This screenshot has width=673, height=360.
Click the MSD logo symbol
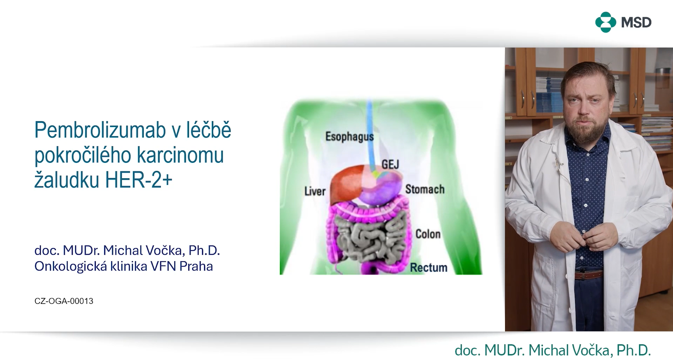605,22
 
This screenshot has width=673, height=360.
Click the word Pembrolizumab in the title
100,130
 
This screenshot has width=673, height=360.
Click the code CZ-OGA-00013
64,301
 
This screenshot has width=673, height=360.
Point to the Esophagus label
349,136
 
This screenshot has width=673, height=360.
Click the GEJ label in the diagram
390,164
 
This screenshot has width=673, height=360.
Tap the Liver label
315,191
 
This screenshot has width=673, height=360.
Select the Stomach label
425,189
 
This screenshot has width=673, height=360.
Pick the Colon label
428,234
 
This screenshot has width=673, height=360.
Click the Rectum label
429,267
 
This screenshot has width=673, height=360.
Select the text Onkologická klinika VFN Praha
123,266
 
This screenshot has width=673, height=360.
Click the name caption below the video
553,350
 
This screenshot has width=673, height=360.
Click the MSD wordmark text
636,22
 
